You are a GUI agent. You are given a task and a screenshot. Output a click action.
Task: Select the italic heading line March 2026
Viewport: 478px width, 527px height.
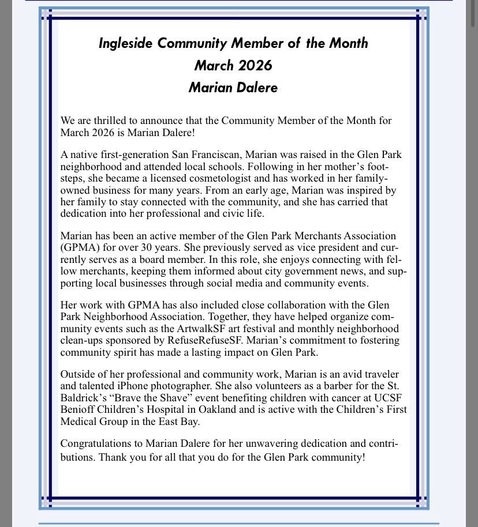click(233, 66)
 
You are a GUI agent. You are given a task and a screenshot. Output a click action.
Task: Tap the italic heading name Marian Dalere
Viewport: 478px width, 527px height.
click(233, 88)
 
